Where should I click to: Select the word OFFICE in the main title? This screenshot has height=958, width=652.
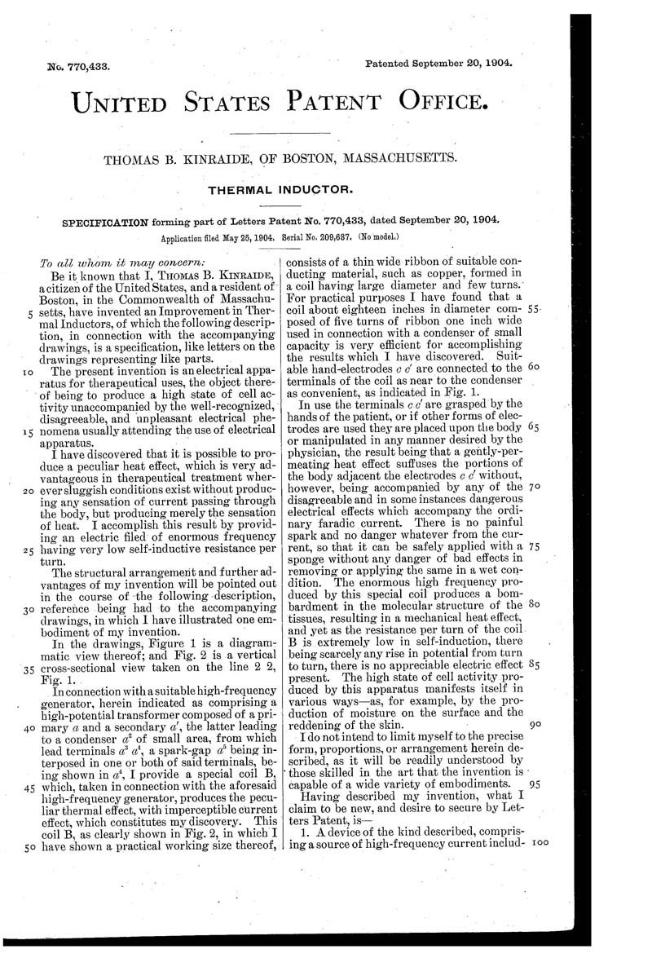point(443,103)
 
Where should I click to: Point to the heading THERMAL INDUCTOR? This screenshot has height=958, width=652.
point(281,190)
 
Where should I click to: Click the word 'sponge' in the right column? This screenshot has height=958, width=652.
point(307,560)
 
